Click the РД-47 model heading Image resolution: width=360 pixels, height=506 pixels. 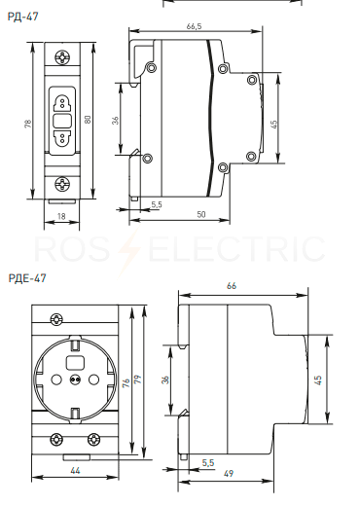[x=22, y=17]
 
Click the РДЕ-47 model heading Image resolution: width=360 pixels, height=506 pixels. [x=27, y=278]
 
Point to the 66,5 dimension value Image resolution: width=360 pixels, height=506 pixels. [x=194, y=26]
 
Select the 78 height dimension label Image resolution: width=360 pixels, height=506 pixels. [x=28, y=124]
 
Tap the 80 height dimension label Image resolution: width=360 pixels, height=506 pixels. [x=88, y=120]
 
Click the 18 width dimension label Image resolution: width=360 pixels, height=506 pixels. [x=61, y=216]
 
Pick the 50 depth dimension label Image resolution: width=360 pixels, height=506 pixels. [x=201, y=214]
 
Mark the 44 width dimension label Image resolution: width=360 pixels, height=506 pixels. [x=75, y=470]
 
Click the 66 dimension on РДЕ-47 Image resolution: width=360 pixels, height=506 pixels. [x=232, y=286]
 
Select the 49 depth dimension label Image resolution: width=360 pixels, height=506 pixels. [x=229, y=473]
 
